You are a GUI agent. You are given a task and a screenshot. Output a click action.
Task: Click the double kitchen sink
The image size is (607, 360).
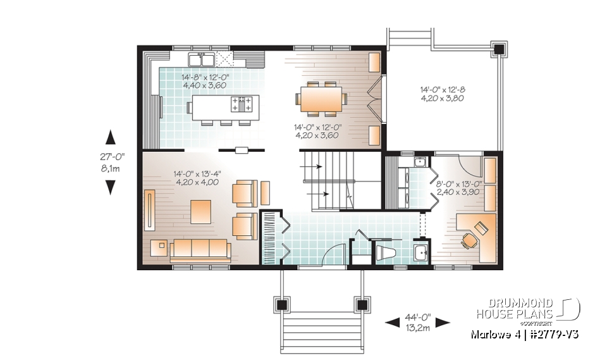point(202,59)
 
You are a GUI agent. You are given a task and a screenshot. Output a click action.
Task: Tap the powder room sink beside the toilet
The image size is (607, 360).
point(420,252)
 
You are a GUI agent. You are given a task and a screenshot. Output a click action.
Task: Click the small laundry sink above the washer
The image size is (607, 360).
point(419,163)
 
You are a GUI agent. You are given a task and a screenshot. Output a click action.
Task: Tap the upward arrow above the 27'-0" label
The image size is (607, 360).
point(110,137)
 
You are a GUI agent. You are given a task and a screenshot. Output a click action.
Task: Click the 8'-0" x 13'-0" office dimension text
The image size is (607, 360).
point(459,188)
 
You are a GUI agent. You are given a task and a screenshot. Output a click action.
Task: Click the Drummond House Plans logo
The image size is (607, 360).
point(529,308)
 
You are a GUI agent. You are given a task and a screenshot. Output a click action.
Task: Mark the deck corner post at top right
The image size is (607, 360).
point(498,49)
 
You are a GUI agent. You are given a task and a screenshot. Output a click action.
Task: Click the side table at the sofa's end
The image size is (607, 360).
point(159,247)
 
